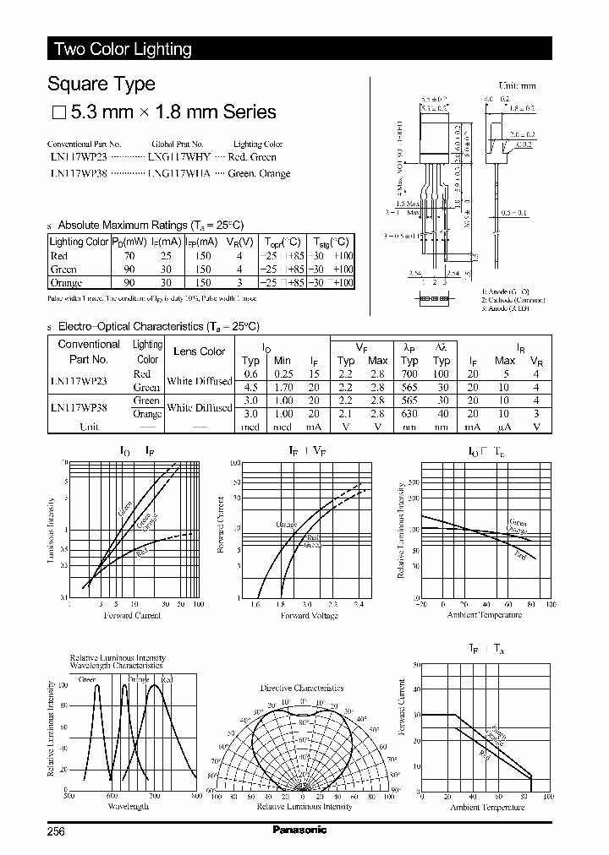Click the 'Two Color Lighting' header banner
coord(123,49)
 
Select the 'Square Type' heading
coord(101,84)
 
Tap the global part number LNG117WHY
coord(179,157)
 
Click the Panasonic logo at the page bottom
coord(299,830)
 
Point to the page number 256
coord(58,830)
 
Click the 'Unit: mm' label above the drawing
coord(517,86)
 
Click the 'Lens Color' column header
coord(199,351)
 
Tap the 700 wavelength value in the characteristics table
coord(409,373)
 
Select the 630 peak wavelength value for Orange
coord(409,414)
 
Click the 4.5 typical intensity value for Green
coord(250,387)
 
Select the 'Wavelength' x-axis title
coord(129,807)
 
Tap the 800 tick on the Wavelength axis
coord(196,796)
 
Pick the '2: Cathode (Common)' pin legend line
coord(513,300)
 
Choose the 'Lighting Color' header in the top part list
coord(258,144)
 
